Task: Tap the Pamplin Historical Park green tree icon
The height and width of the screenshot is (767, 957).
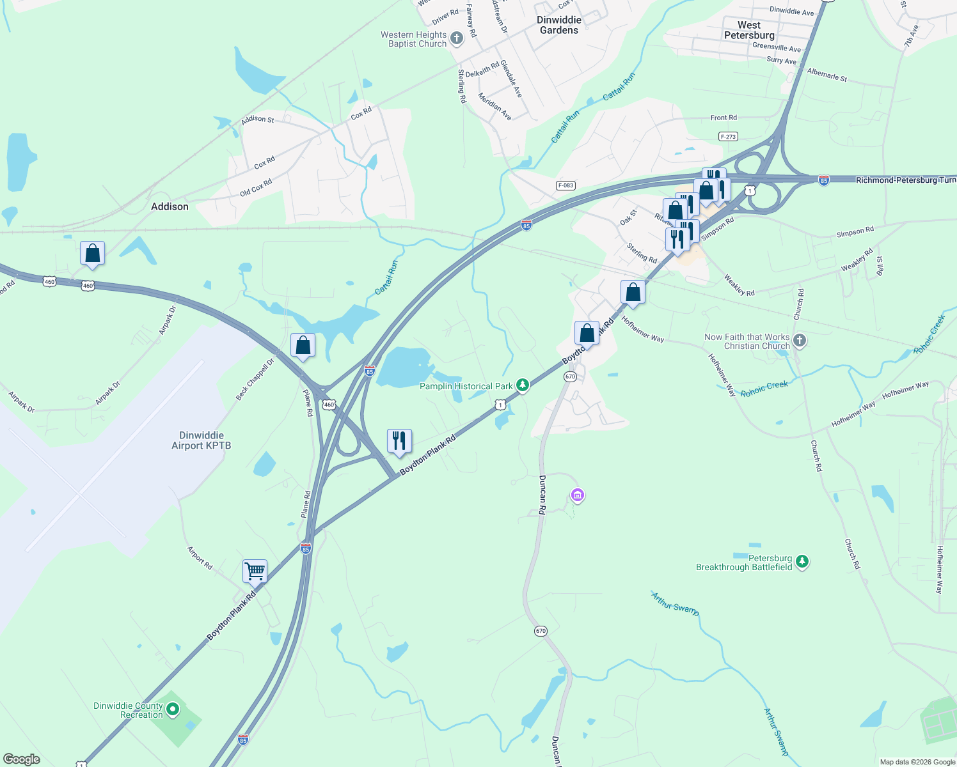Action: tap(523, 385)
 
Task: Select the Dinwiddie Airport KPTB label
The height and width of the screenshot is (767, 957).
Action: tap(201, 440)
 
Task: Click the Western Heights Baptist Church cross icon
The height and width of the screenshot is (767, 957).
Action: tap(456, 38)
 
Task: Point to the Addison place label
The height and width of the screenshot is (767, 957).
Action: tap(170, 206)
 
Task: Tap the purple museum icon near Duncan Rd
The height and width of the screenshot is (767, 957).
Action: tap(578, 495)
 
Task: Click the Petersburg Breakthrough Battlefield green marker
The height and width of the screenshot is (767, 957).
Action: tap(802, 562)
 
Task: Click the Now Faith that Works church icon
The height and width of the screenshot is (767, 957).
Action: tap(800, 340)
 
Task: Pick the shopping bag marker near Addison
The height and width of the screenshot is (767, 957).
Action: tap(92, 253)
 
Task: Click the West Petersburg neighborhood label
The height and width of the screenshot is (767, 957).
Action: tap(749, 30)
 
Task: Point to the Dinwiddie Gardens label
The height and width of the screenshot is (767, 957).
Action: tap(559, 25)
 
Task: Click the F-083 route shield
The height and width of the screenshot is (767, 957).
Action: tap(565, 185)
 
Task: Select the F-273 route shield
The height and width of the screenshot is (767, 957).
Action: tap(728, 137)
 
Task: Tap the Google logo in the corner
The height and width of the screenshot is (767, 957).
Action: tap(21, 759)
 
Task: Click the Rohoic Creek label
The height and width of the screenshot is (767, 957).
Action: tap(764, 389)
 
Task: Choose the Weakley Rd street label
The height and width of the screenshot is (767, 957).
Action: tap(739, 285)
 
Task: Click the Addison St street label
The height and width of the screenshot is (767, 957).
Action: tap(257, 120)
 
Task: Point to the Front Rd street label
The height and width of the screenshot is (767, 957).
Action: tap(724, 118)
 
